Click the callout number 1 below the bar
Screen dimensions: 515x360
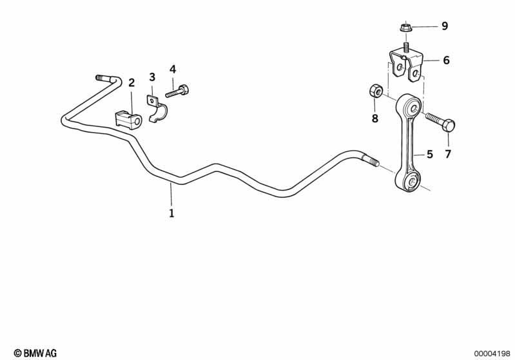click(171, 213)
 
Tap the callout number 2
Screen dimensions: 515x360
click(131, 82)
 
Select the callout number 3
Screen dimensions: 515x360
click(152, 77)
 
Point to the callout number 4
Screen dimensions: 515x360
click(173, 70)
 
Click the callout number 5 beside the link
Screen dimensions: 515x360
click(430, 154)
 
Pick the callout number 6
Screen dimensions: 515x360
click(446, 60)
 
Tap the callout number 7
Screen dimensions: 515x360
click(448, 154)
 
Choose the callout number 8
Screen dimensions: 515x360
click(374, 118)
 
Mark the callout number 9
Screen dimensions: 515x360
click(445, 26)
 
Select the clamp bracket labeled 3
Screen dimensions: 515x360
click(156, 108)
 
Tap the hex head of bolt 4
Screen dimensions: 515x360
click(184, 90)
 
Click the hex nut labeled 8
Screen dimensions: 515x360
click(375, 90)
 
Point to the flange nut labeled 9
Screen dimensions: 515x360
click(406, 27)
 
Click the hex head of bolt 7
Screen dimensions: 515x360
click(449, 126)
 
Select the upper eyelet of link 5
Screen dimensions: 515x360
click(409, 106)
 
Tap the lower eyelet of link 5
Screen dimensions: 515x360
click(409, 182)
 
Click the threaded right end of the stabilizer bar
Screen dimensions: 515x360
click(371, 160)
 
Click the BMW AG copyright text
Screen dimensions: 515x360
click(35, 353)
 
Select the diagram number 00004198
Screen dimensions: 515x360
click(492, 354)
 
